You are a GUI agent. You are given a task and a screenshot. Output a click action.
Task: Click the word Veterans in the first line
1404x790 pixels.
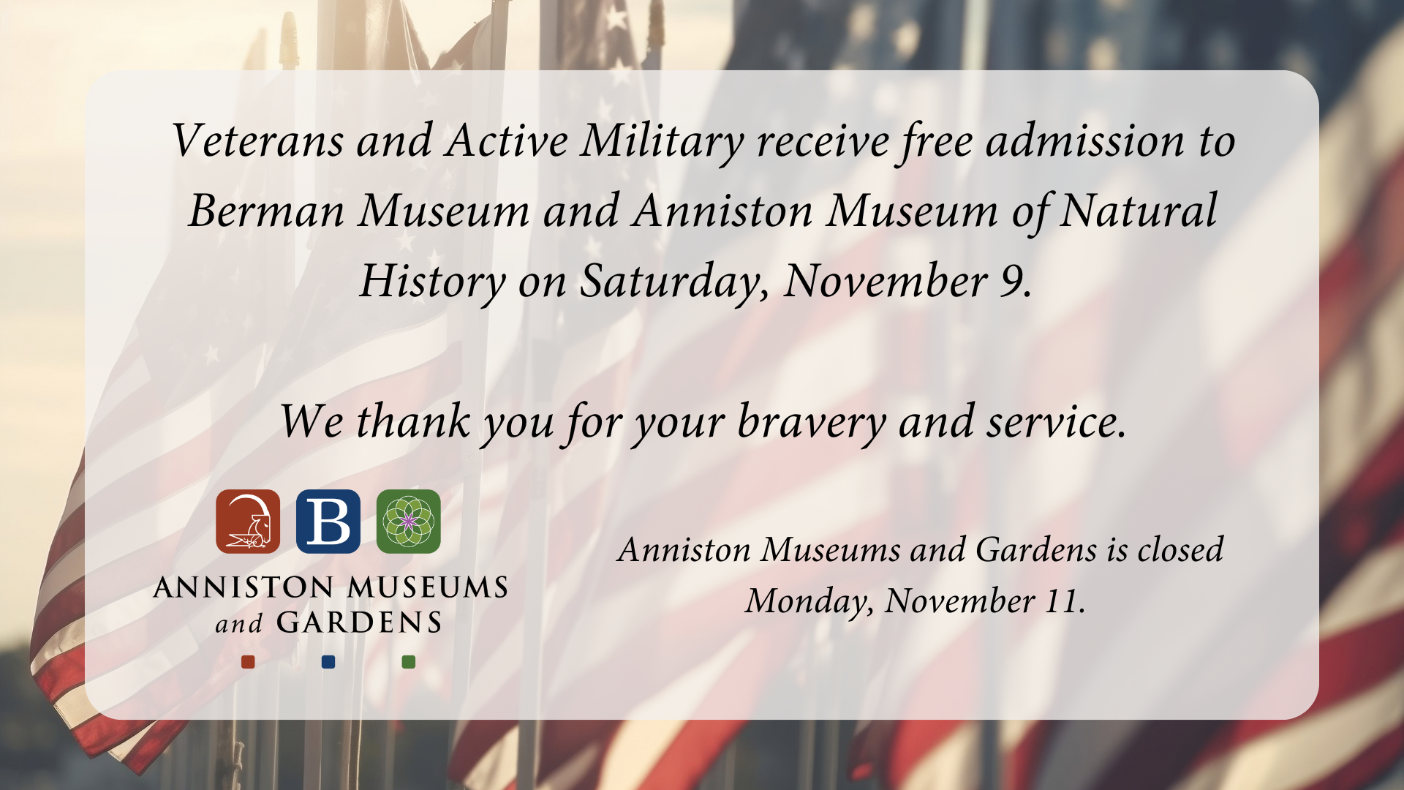257,140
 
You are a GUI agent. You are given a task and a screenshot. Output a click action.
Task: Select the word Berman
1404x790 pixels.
266,211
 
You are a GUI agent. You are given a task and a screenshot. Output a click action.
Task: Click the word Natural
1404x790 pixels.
1138,211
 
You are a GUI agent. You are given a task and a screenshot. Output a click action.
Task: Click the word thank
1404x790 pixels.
413,422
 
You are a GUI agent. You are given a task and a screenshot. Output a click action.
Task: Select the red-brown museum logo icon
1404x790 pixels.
248,522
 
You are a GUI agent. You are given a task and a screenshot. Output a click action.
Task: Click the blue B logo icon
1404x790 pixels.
328,522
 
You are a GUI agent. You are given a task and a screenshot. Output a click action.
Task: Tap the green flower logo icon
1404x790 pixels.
409,522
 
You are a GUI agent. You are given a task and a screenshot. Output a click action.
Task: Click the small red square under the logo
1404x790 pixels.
248,662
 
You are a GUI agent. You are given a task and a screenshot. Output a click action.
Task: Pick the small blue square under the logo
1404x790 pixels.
328,662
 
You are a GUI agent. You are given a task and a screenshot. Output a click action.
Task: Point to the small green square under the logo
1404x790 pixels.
409,662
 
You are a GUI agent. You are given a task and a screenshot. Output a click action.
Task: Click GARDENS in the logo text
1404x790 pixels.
359,623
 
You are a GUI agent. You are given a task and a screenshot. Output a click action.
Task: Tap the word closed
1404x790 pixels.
1180,550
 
